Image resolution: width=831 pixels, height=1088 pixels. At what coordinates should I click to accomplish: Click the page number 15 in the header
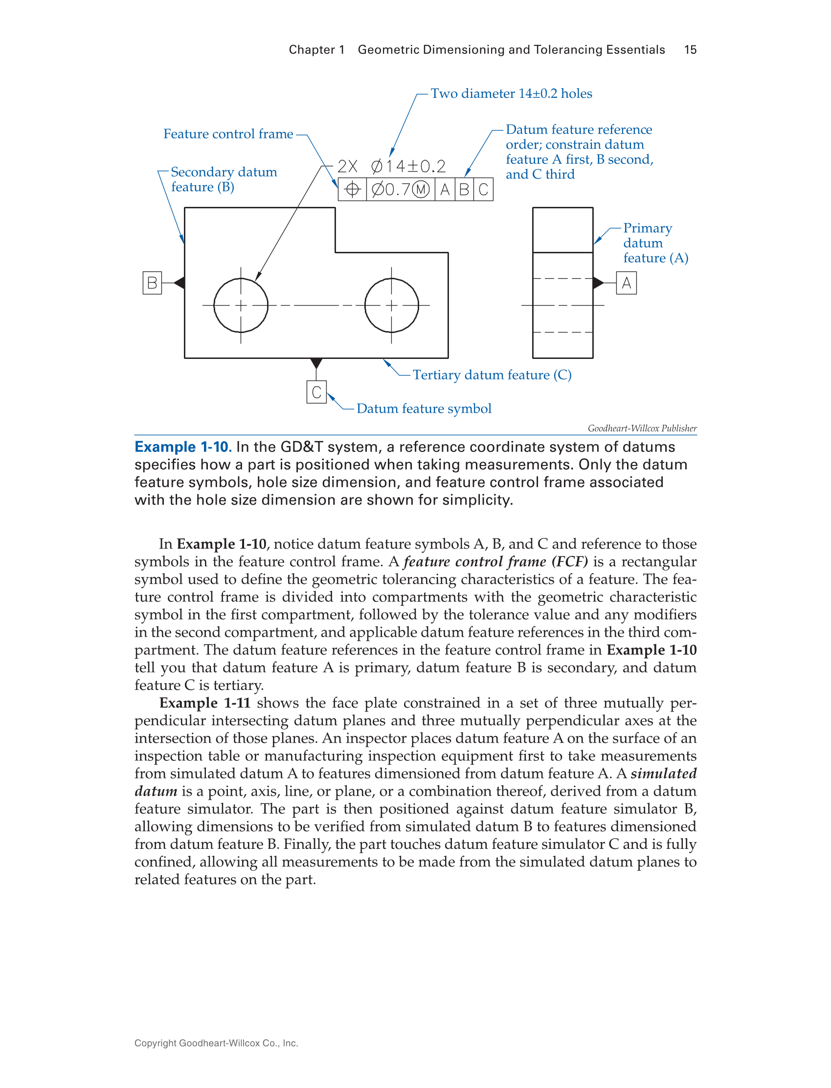(690, 50)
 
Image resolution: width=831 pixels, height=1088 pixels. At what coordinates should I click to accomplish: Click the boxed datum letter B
(152, 283)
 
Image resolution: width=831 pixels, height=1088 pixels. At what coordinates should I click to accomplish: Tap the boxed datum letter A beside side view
(626, 283)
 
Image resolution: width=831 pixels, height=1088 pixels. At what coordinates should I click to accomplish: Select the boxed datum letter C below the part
(316, 392)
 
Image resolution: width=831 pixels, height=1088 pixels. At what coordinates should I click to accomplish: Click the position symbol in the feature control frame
(352, 189)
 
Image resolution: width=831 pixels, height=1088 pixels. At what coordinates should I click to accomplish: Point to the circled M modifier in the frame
(421, 189)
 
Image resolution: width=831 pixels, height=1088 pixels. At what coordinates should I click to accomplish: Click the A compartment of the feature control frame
(445, 189)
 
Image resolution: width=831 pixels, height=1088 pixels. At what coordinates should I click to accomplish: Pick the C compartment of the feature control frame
(483, 189)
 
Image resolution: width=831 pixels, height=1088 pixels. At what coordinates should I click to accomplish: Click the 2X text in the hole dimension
(347, 166)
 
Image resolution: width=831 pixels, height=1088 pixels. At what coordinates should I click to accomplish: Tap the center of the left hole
(241, 305)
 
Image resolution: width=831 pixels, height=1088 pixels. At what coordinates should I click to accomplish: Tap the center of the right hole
(391, 305)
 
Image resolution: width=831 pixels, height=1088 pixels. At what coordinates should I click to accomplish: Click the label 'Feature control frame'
(228, 134)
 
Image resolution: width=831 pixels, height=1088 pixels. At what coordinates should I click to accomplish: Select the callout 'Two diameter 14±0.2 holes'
(511, 93)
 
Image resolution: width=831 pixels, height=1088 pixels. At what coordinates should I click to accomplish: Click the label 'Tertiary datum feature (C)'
(492, 375)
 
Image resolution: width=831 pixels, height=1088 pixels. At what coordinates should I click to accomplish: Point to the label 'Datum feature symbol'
(424, 408)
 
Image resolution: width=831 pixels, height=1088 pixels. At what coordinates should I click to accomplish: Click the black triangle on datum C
(316, 363)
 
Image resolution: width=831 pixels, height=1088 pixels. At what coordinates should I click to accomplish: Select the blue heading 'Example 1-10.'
(182, 447)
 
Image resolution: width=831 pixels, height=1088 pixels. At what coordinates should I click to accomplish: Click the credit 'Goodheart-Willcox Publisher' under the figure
(642, 428)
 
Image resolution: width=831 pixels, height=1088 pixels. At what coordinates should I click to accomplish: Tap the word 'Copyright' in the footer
(156, 1043)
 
